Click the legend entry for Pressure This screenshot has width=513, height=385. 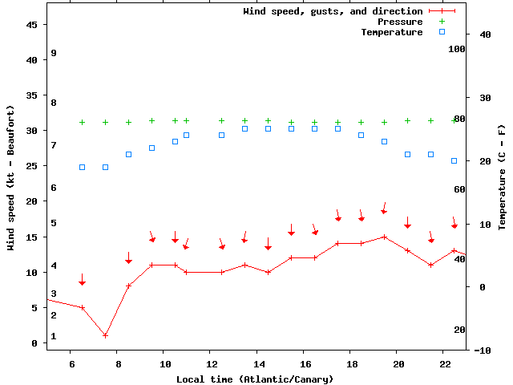point(400,22)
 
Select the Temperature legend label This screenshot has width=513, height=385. point(391,32)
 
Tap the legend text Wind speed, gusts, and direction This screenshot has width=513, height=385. point(333,11)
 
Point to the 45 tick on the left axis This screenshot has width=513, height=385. point(32,25)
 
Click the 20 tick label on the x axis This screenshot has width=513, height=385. point(398,363)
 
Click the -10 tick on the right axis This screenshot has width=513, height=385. point(483,351)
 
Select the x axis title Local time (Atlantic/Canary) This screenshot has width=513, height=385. point(255,379)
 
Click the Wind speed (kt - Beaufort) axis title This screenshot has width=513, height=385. point(11,176)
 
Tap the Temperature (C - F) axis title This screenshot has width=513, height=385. point(502,176)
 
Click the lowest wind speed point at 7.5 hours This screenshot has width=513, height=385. point(105,335)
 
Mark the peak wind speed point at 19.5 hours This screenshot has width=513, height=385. point(385,237)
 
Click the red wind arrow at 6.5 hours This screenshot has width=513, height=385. point(82,279)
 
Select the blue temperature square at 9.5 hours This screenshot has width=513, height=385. point(152,148)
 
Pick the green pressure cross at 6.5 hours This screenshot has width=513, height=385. point(82,122)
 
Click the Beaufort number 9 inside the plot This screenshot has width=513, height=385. point(54,53)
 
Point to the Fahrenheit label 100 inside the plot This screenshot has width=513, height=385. point(457,49)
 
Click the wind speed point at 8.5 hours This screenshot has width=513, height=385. point(128,286)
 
